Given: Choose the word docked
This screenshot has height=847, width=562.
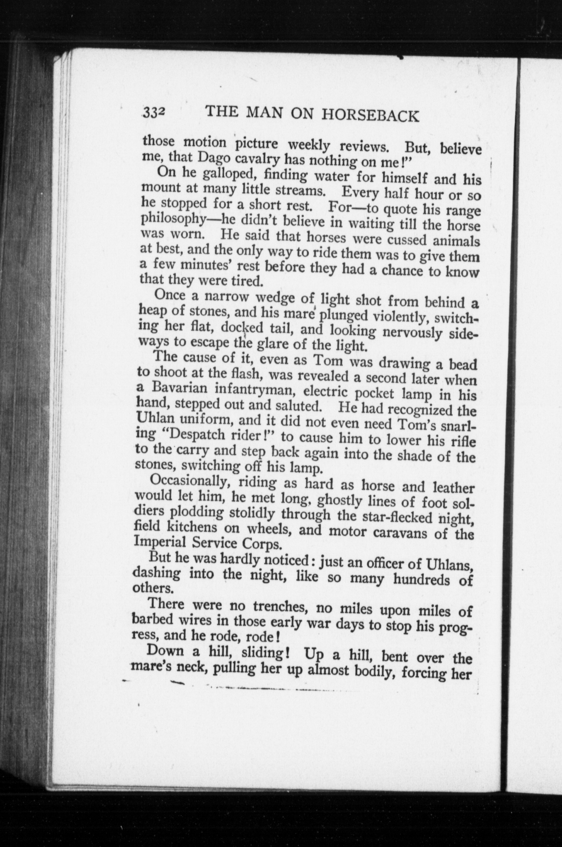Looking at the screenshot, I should coord(242,328).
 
